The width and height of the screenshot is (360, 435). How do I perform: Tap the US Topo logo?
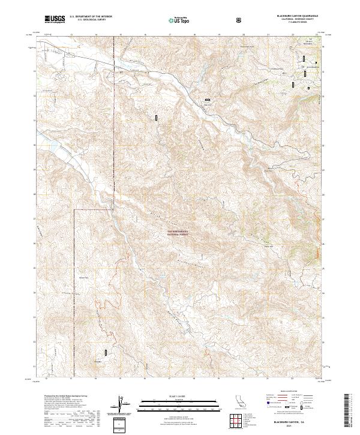click(x=178, y=20)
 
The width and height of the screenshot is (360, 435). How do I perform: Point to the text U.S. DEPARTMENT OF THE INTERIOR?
click(x=91, y=17)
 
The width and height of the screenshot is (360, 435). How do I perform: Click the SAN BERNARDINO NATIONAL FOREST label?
click(x=177, y=231)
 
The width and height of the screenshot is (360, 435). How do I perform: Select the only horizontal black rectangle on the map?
click(x=208, y=100)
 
